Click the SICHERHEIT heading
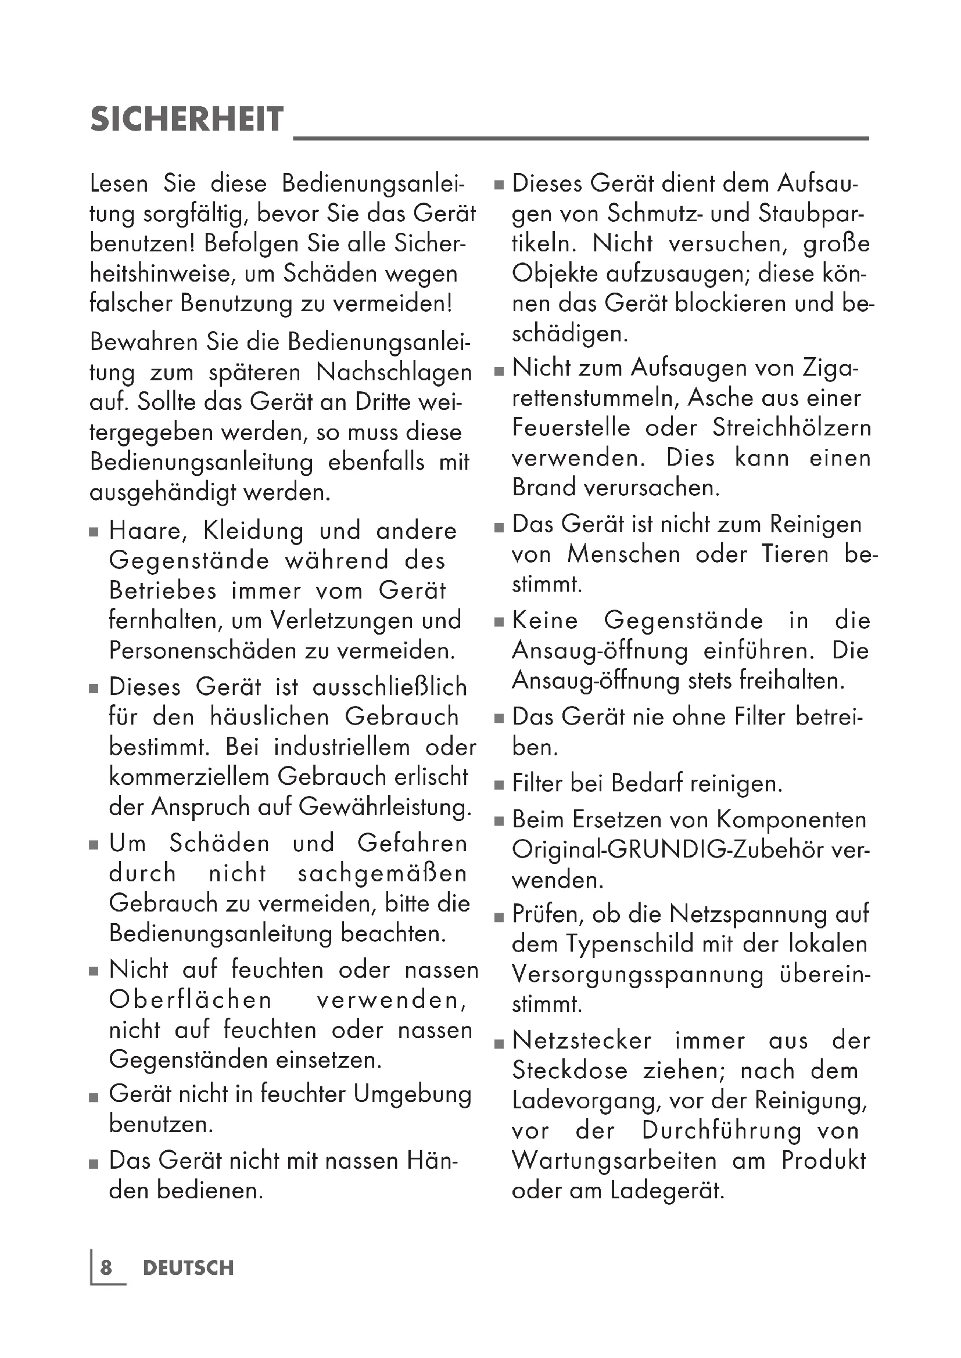point(187,120)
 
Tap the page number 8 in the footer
point(106,1267)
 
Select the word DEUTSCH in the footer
point(188,1268)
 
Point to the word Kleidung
point(253,531)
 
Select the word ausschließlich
point(389,687)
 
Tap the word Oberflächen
point(190,1000)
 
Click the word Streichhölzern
point(792,428)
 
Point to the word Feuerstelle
point(571,428)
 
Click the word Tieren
point(795,554)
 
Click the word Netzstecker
point(582,1040)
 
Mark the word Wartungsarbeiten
point(614,1161)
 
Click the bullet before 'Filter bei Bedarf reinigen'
point(500,786)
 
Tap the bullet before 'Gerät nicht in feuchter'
point(94,1097)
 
